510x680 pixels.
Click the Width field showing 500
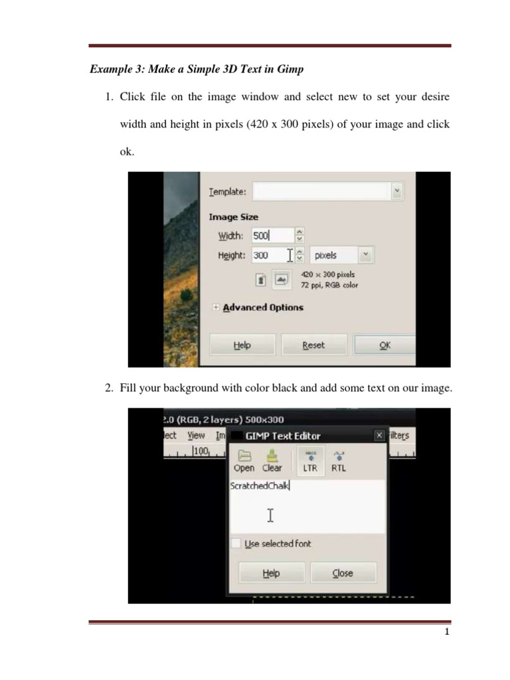(x=271, y=235)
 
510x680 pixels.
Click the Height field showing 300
(x=269, y=255)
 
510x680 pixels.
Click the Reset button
(x=313, y=345)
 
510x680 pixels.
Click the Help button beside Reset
(x=242, y=345)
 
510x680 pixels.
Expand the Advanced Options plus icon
(x=216, y=307)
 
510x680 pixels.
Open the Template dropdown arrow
(x=396, y=191)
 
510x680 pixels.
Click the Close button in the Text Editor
(x=343, y=573)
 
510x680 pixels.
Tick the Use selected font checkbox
(x=236, y=543)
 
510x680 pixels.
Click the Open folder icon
(x=244, y=456)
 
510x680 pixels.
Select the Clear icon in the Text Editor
(x=272, y=456)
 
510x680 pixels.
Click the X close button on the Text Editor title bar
(x=379, y=436)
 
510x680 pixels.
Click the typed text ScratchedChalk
(x=259, y=485)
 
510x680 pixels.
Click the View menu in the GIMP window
(x=196, y=436)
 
